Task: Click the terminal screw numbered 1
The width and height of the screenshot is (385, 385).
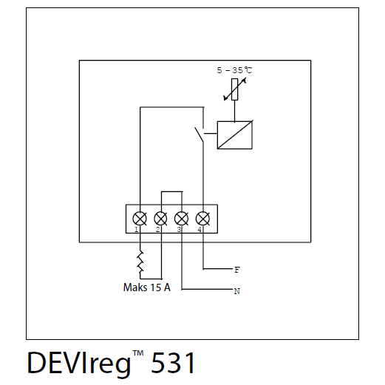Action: tap(140, 219)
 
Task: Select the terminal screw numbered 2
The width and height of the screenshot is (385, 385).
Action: tap(160, 219)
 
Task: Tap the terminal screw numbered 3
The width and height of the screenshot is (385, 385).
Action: tap(182, 219)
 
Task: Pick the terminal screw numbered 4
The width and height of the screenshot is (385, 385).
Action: tap(203, 219)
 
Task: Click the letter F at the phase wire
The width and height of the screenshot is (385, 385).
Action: tap(237, 270)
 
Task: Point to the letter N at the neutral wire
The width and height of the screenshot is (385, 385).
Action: tap(237, 291)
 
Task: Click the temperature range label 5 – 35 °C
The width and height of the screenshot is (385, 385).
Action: tap(234, 70)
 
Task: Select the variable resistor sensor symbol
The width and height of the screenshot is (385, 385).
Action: tap(235, 89)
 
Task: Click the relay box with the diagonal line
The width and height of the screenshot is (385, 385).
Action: tap(235, 135)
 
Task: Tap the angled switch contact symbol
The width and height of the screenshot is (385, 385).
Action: tap(199, 135)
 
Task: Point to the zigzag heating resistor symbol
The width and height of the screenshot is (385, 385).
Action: tap(140, 262)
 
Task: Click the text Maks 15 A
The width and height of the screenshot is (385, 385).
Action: tap(147, 287)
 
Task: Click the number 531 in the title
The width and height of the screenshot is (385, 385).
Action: tap(173, 363)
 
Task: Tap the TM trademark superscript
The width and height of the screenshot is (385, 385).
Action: tap(138, 353)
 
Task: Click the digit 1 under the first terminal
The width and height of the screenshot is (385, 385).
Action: tap(136, 230)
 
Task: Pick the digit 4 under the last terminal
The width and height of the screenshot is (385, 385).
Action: tap(200, 230)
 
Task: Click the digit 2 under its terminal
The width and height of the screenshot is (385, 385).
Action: tap(157, 230)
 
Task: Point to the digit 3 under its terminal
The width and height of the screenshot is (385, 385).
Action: tap(179, 230)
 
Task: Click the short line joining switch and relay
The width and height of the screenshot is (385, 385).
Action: tap(211, 134)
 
